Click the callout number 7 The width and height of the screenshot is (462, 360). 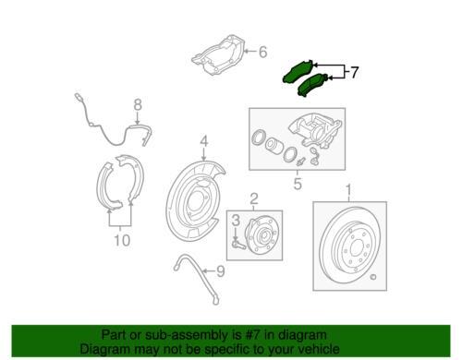(355, 72)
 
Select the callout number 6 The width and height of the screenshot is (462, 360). (262, 52)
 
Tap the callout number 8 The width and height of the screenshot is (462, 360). (138, 104)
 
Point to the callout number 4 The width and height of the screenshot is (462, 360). (204, 141)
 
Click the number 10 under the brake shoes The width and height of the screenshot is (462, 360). (122, 240)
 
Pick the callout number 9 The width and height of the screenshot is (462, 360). (220, 271)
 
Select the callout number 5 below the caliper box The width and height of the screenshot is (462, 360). (298, 184)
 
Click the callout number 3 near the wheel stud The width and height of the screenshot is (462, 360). (236, 221)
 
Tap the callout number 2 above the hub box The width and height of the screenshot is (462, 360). (254, 198)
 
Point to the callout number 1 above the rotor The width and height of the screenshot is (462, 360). (349, 190)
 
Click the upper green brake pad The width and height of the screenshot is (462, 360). (298, 72)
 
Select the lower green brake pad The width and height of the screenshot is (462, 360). (313, 85)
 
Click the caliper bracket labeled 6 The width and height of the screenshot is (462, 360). (219, 54)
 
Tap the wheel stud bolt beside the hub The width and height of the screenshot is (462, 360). (237, 245)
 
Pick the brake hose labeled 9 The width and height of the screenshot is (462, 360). (196, 277)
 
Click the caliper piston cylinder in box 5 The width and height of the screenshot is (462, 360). (274, 145)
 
